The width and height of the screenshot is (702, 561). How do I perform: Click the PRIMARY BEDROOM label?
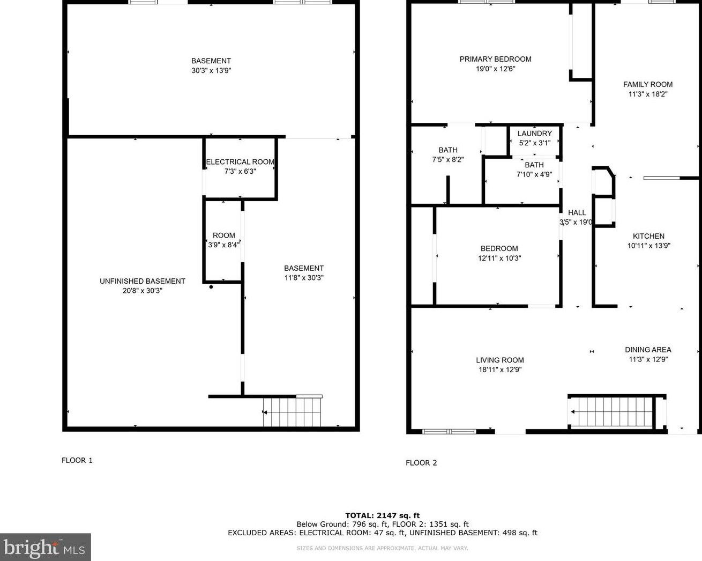(495, 59)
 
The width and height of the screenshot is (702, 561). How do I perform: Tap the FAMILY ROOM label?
(647, 84)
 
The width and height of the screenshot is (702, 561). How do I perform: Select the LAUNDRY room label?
(534, 134)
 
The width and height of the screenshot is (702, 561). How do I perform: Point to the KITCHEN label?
(648, 236)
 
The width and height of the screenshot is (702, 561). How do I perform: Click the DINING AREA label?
(648, 350)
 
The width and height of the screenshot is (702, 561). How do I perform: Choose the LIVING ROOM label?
(499, 360)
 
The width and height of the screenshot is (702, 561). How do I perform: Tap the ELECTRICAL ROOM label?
(240, 162)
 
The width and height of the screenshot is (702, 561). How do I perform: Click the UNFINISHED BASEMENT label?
(143, 281)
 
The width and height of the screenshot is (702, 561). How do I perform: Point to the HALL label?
(577, 212)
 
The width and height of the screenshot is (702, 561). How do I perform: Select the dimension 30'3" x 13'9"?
(211, 70)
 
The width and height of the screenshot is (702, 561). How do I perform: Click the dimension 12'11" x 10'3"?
(499, 258)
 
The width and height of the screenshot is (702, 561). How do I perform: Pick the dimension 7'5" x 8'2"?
(447, 159)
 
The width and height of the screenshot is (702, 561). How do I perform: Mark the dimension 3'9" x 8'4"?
(223, 245)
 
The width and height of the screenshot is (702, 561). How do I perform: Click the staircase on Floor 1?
(292, 412)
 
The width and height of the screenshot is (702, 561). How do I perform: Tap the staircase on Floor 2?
(611, 412)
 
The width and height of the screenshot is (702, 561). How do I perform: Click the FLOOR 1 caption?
(77, 460)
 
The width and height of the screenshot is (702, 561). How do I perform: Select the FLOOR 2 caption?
(421, 463)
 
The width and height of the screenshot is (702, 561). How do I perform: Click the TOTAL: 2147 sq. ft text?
(382, 515)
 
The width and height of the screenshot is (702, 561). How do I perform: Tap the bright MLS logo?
(45, 548)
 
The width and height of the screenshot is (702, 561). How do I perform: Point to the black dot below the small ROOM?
(211, 287)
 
